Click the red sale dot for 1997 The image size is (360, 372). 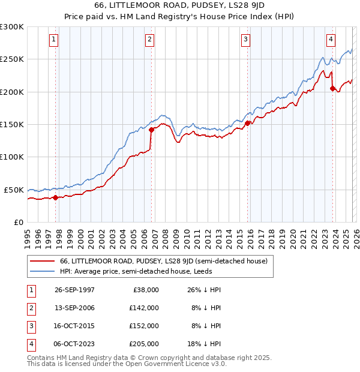(x=56, y=197)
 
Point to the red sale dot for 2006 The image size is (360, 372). (x=151, y=129)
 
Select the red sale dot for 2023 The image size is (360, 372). (x=332, y=88)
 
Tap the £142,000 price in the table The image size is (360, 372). (x=144, y=308)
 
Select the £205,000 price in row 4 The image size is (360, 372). (x=144, y=344)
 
